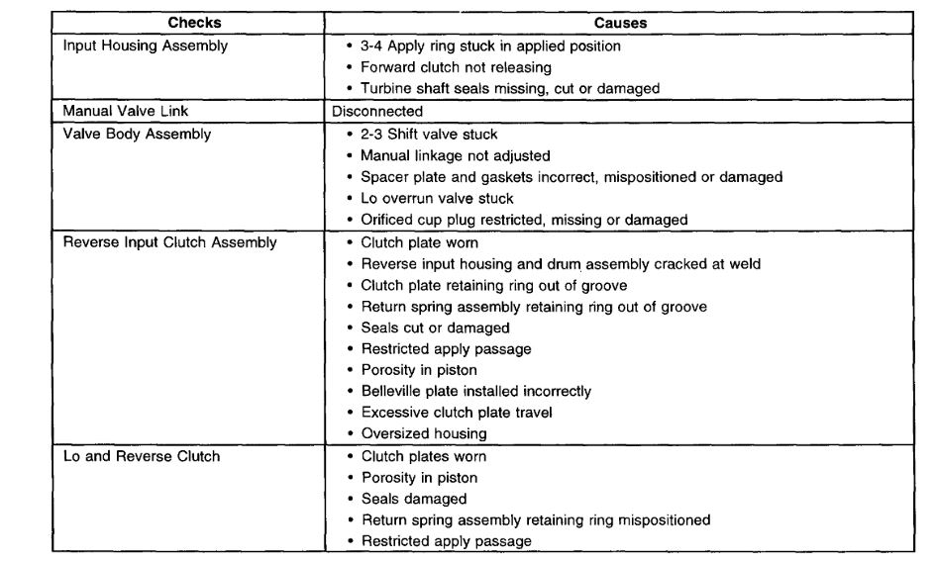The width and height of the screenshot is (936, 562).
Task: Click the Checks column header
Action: (193, 23)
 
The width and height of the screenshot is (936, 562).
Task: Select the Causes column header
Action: (621, 23)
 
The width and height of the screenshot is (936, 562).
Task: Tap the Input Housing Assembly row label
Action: (145, 46)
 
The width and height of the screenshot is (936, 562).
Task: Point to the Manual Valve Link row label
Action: (126, 111)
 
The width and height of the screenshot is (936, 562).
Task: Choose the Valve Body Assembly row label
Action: (137, 134)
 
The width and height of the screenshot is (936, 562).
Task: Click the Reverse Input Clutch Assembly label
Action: (169, 242)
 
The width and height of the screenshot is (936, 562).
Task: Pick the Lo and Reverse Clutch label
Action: (141, 456)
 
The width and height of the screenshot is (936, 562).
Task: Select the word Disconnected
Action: (377, 111)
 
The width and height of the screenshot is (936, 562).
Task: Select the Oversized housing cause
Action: (424, 433)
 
